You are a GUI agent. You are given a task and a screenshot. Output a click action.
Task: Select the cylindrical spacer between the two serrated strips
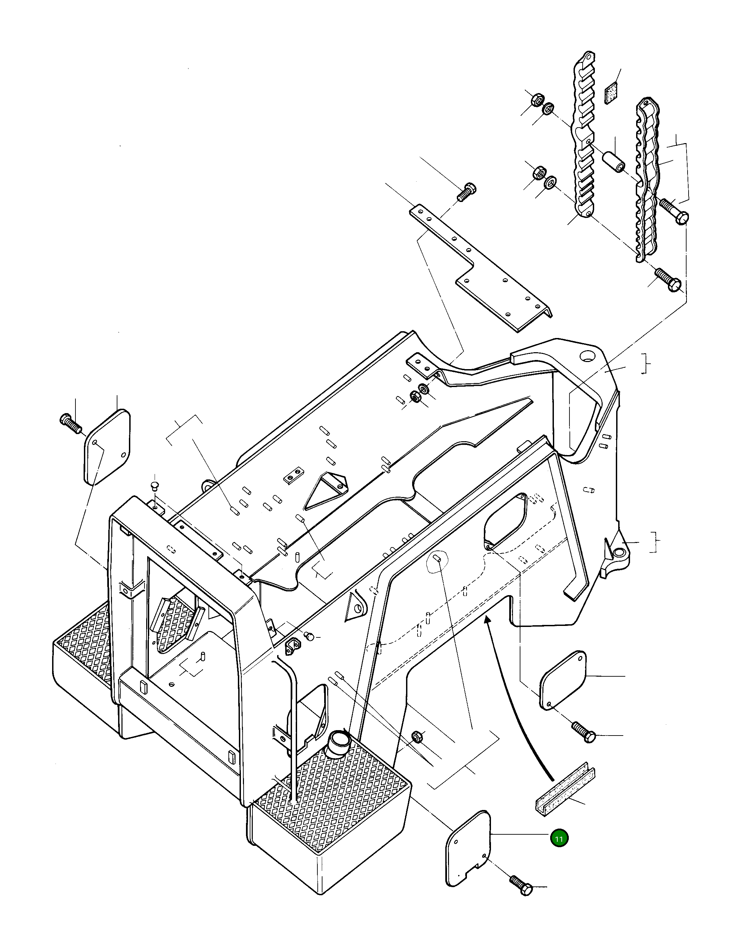click(614, 161)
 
